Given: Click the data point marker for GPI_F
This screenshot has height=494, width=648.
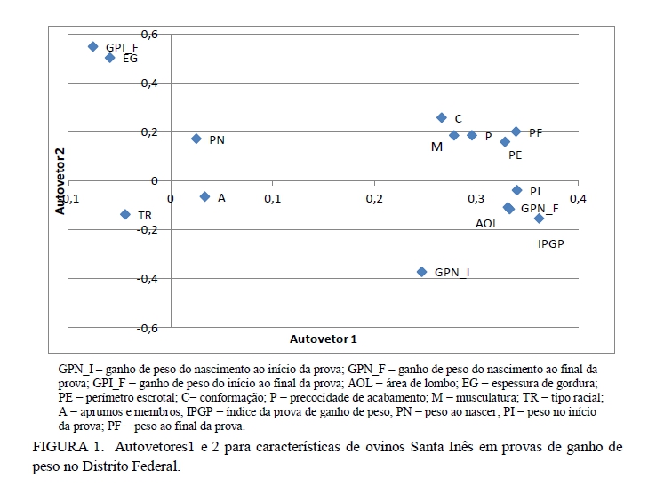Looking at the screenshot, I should [92, 46].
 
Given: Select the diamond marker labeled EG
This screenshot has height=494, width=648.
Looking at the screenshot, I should [109, 58].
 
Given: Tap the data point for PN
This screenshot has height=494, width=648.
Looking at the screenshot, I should [196, 139].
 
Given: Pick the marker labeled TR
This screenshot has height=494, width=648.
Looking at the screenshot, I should [125, 214].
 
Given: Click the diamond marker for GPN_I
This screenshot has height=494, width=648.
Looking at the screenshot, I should [421, 272].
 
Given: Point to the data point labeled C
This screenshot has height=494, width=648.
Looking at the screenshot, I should [442, 117].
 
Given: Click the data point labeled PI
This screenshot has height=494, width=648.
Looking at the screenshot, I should [516, 190].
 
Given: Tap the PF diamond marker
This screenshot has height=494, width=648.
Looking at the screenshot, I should [516, 131].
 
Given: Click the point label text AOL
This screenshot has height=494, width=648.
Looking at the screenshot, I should [487, 224].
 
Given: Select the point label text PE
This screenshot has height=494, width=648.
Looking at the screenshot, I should [515, 155].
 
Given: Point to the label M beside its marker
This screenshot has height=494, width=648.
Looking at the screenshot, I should [436, 147].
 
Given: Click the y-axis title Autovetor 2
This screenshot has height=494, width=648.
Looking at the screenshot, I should [61, 181].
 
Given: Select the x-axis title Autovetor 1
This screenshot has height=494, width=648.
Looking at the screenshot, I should [324, 339].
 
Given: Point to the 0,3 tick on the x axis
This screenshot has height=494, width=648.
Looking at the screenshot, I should [476, 197].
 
